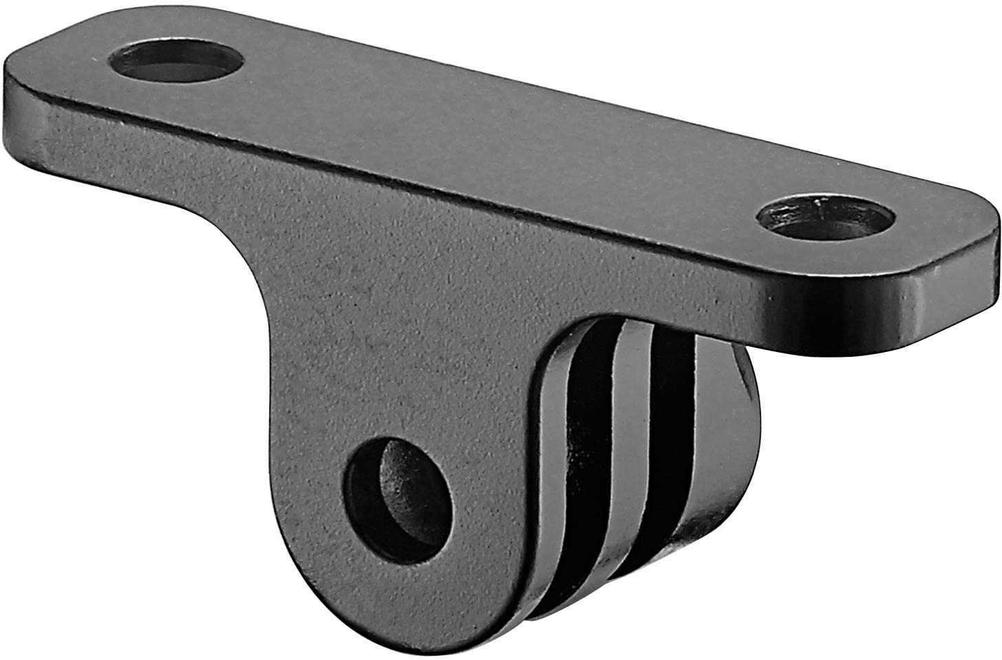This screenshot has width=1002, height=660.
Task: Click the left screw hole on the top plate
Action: point(178,63)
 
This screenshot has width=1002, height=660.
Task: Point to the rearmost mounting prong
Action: point(723,440)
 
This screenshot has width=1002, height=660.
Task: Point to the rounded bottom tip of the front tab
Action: point(385,605)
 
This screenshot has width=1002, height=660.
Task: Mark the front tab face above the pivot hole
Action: point(385,371)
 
